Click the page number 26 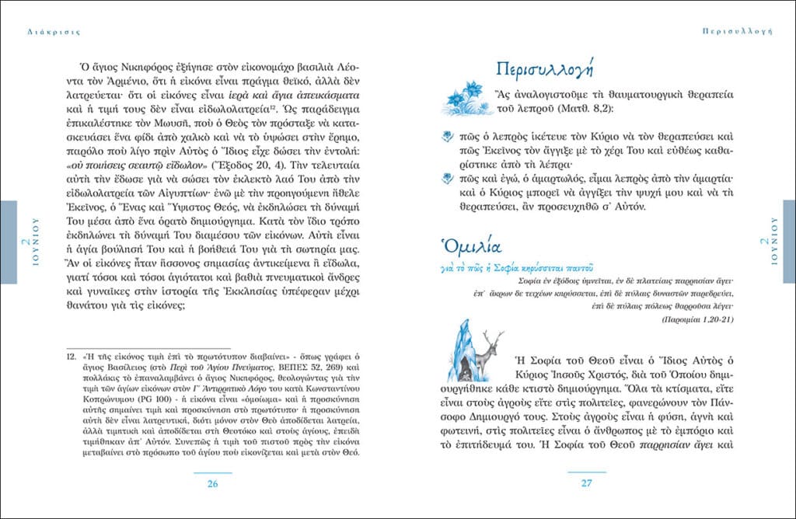(211, 484)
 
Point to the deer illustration (487, 350)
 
